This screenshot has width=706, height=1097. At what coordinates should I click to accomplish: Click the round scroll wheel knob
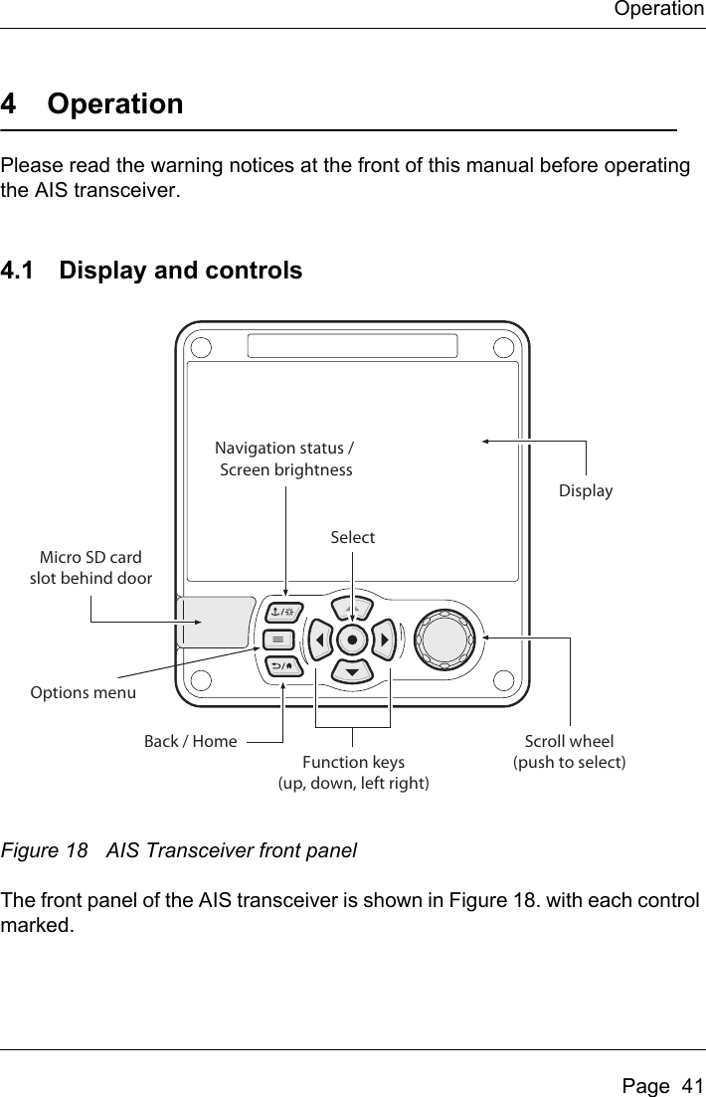tap(446, 638)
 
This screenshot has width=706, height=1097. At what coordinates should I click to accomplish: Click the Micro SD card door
tap(215, 622)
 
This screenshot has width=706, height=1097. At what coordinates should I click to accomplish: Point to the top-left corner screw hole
tap(203, 349)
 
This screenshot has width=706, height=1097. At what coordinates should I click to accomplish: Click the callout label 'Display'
tap(586, 491)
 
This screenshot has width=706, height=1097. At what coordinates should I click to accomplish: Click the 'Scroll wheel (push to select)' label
tap(569, 752)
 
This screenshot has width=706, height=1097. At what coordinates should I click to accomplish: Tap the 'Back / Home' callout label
tap(191, 741)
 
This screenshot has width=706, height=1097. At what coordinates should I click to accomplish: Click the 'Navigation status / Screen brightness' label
tap(285, 458)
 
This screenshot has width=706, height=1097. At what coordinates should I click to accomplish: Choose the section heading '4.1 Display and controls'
tap(152, 270)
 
